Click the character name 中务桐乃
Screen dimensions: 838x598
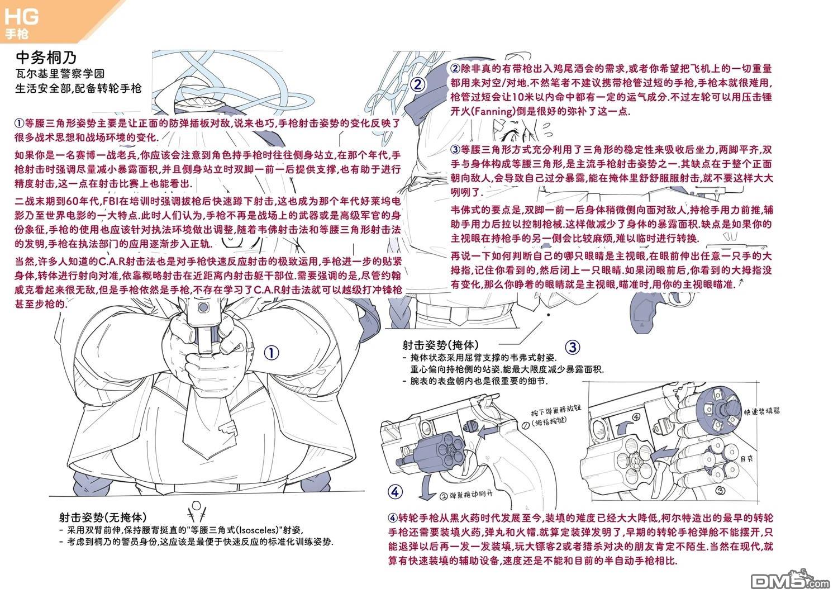46,58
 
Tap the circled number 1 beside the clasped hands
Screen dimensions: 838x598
271,353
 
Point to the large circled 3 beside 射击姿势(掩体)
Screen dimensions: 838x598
573,347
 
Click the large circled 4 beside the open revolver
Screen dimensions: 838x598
395,492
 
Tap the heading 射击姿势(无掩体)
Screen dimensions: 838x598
103,517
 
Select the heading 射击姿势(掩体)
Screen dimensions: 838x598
440,345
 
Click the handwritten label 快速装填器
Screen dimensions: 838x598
761,411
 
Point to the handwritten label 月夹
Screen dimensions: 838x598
747,459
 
